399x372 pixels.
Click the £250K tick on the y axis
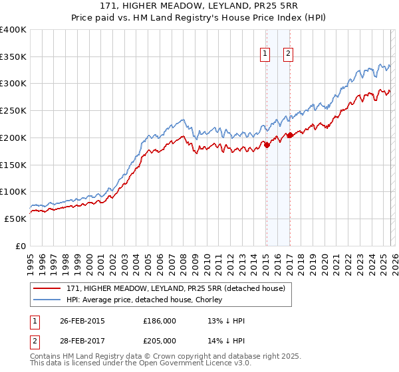[13, 111]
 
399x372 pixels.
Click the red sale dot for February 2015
[267, 145]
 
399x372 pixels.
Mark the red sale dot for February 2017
[290, 135]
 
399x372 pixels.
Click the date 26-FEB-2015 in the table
[82, 320]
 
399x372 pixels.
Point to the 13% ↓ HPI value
[227, 320]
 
